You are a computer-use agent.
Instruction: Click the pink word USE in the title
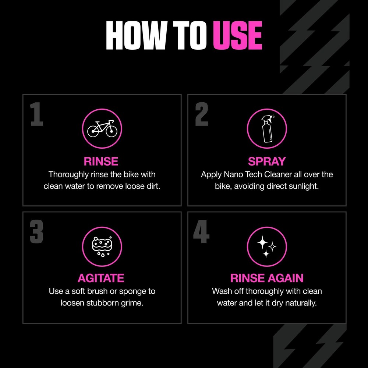coord(237,36)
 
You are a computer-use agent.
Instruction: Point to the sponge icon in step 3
coord(102,246)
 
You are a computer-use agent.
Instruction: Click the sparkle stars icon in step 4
coord(267,246)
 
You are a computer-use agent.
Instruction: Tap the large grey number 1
coord(37,114)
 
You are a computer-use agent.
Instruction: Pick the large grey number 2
coord(202,114)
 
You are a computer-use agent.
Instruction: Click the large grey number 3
coord(37,231)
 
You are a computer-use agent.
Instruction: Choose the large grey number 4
coord(202,231)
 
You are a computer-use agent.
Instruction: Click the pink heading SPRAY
coord(267,161)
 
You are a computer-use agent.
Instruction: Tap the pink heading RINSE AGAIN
coord(267,278)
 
